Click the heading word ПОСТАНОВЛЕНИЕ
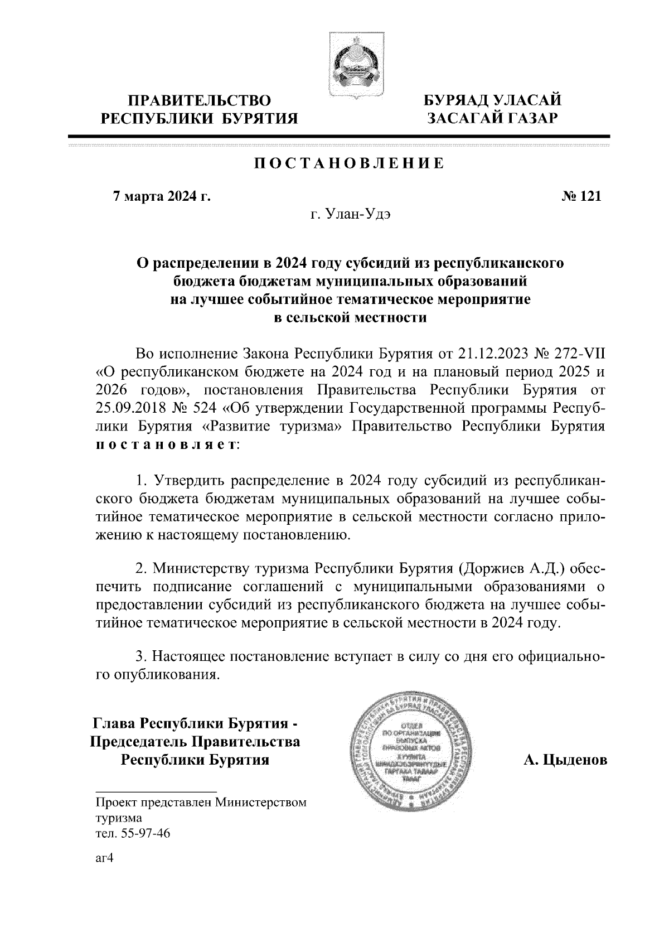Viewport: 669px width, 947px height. pos(350,164)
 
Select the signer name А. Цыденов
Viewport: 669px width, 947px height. pos(565,760)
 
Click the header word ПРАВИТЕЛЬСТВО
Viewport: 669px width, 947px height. pos(200,101)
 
